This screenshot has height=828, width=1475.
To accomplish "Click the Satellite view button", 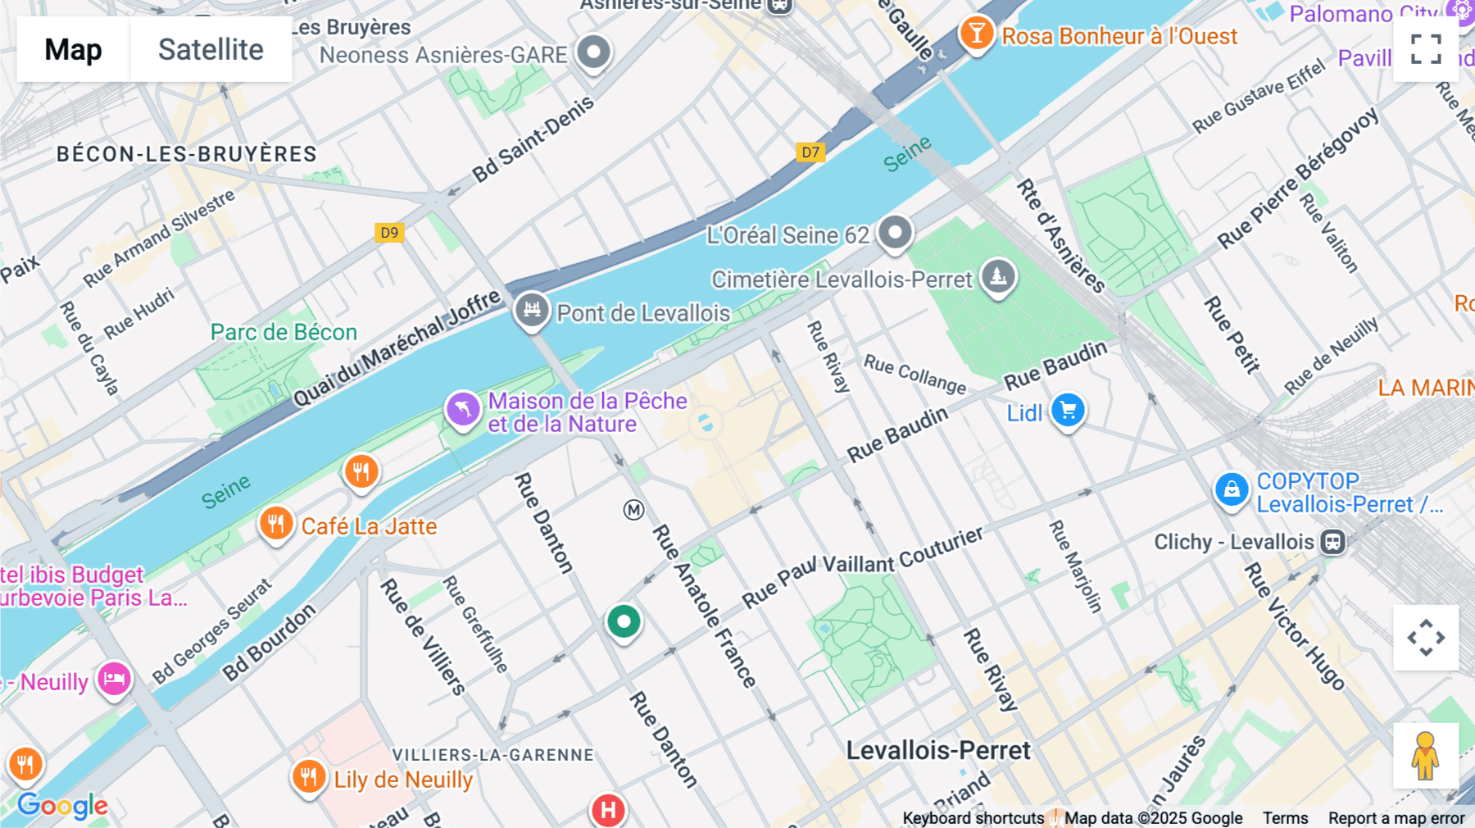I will tap(211, 49).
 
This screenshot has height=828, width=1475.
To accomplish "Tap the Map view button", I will tap(73, 49).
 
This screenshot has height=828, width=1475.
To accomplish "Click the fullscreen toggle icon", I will tap(1426, 49).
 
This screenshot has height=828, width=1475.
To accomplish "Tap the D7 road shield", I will tap(810, 152).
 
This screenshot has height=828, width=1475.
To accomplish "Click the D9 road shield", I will tap(389, 232).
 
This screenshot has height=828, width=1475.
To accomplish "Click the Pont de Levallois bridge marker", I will tap(532, 310).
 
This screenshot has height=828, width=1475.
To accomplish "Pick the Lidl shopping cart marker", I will tap(1068, 410).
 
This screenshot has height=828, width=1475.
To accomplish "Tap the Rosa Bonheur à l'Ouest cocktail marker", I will tap(976, 34).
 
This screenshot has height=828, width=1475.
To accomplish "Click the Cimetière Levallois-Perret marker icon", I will tap(998, 276).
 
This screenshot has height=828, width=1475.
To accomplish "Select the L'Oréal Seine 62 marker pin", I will tap(895, 232).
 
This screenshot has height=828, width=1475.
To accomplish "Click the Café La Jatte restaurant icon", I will tap(276, 523).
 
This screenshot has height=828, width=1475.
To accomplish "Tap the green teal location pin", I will tap(624, 622).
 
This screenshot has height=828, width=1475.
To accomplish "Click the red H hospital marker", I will tap(608, 810).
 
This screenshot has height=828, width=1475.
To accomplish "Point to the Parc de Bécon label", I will tap(284, 332).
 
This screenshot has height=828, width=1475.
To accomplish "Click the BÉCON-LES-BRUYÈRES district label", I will tap(186, 154).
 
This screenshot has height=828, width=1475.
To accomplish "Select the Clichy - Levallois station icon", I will tap(1332, 542).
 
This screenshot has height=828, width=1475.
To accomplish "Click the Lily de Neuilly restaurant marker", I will tap(309, 776).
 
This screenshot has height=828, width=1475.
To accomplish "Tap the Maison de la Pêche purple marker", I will tap(462, 408).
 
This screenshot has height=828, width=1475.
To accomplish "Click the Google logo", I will tap(62, 806).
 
